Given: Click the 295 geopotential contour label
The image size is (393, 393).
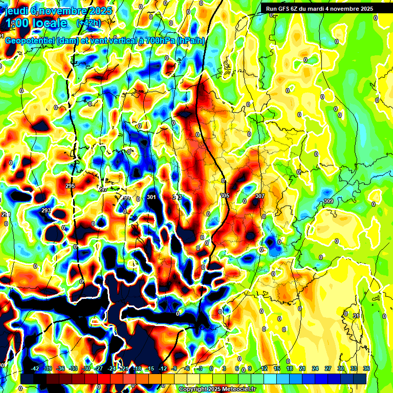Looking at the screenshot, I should pos(70,186).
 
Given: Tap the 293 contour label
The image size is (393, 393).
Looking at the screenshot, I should pos(46,210).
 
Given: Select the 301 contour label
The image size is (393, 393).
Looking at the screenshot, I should pos(151,197).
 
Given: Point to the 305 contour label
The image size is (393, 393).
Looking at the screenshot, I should pos(225,195).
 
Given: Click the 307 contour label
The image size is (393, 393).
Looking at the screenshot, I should pos(260,196).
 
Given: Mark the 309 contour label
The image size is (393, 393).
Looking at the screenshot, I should pos(328,201).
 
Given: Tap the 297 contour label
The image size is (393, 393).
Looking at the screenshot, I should pos(103,189).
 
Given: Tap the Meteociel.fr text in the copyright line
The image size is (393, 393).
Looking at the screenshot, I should pos(239,389).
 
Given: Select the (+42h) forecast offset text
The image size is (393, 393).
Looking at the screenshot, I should pos(89,23).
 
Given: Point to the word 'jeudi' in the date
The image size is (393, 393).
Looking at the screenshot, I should pos(15,10).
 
